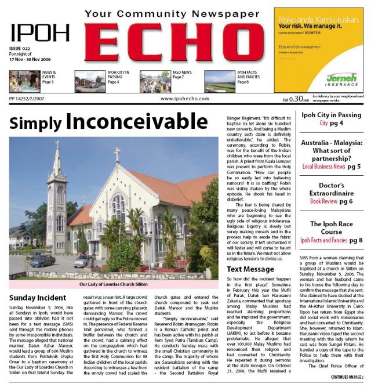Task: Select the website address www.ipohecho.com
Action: click(181, 99)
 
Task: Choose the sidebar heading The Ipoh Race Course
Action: click(332, 227)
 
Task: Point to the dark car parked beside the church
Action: click(42, 260)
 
